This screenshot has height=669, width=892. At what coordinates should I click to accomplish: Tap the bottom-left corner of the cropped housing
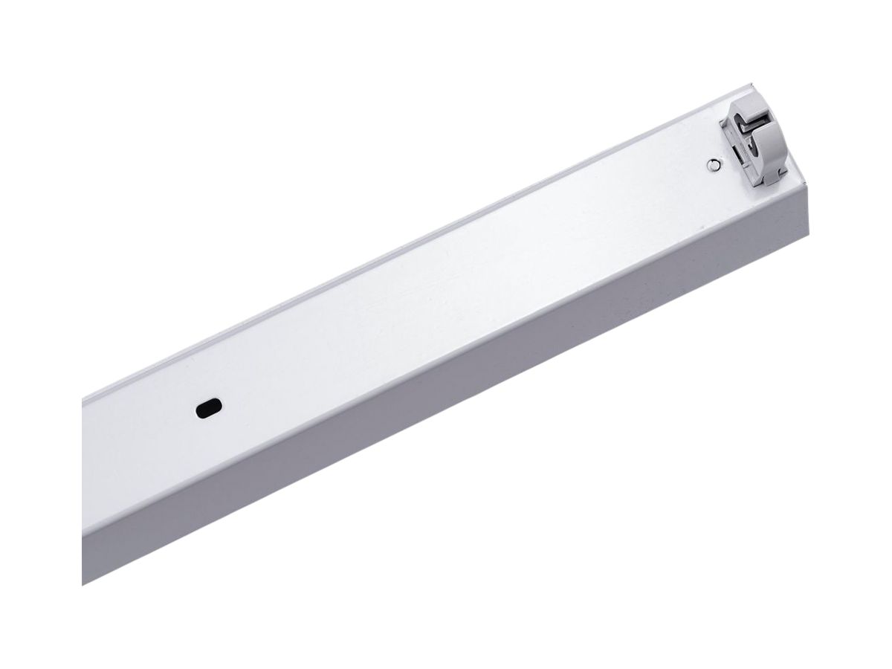tap(83, 584)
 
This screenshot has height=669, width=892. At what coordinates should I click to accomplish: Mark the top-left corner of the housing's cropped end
tap(83, 402)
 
